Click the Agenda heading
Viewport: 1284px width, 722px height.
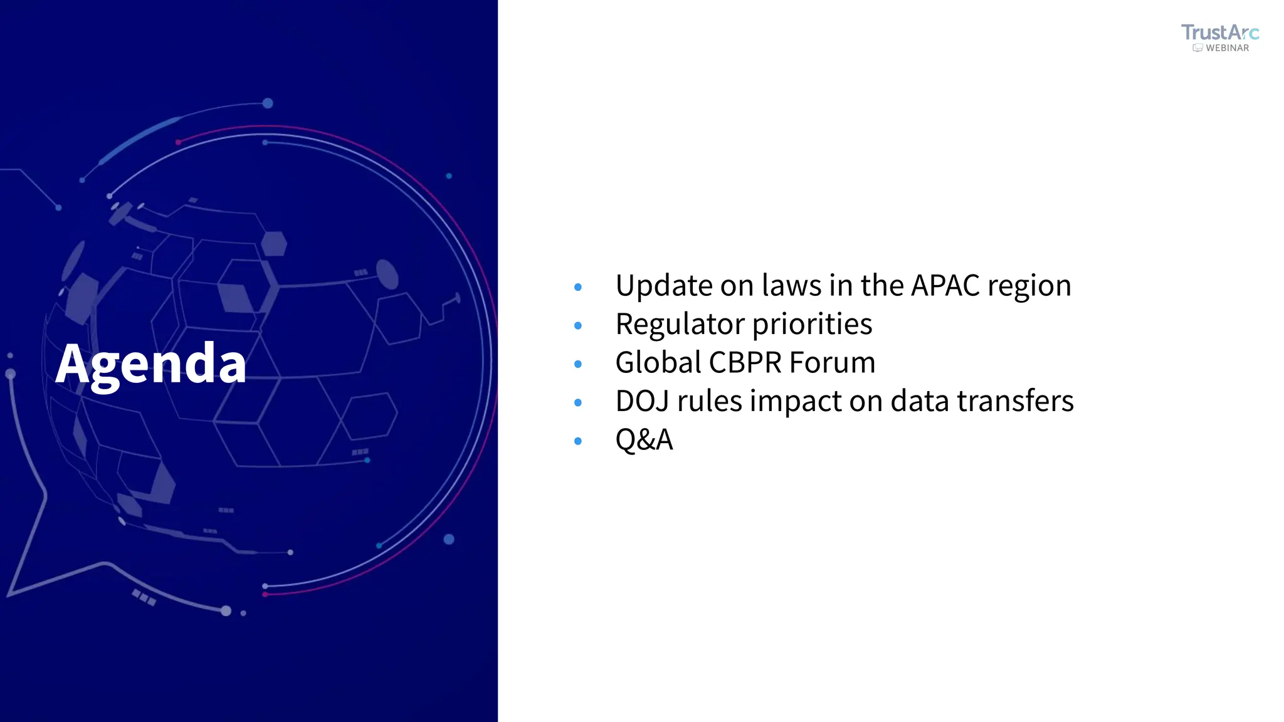151,364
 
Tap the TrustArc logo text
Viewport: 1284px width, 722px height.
1219,33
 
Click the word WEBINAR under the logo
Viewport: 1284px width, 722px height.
1227,48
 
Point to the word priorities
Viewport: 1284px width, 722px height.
812,325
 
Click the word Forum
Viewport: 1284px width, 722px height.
832,363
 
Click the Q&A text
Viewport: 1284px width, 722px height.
644,440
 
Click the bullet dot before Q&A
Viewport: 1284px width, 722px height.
578,441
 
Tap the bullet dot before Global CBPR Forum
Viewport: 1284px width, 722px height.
578,364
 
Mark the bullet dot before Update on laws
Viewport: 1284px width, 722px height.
578,287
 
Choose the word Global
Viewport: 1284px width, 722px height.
658,363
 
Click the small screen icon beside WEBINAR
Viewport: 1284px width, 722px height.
1197,48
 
